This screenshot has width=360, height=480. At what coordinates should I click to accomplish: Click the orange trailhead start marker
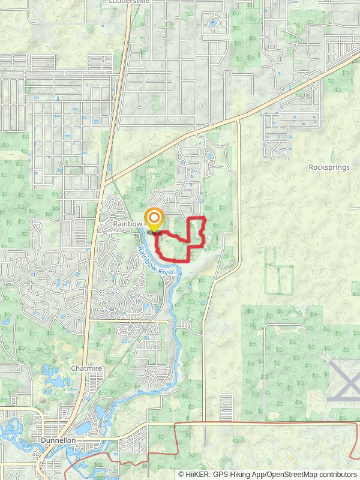[155, 219]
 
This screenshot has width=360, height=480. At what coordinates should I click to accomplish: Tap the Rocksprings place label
[329, 167]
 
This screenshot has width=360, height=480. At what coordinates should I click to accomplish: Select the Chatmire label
[85, 368]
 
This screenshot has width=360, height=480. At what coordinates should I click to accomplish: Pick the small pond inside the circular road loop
[214, 25]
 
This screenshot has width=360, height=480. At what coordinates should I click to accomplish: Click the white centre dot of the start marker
[155, 217]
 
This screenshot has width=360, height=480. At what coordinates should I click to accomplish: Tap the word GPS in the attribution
[220, 474]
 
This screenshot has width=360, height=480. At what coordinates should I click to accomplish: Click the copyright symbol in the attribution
[181, 474]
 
